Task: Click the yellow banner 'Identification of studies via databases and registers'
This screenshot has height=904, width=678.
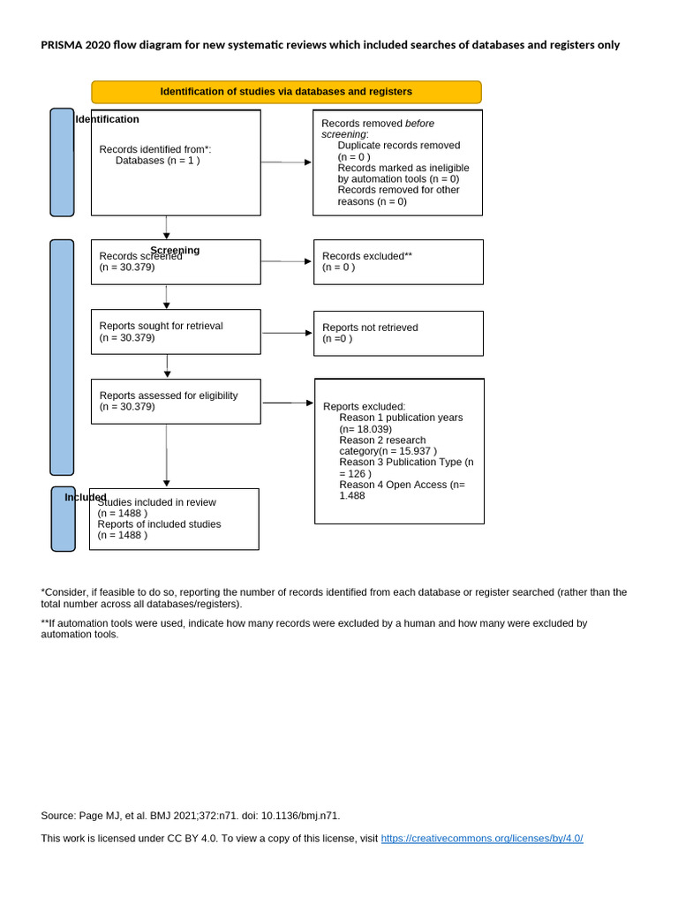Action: pos(286,92)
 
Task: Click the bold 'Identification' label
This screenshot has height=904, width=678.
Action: pos(107,119)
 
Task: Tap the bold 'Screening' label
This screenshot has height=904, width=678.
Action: pos(175,250)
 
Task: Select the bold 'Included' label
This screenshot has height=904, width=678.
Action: pos(85,497)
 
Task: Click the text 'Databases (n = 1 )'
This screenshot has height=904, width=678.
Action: pos(157,161)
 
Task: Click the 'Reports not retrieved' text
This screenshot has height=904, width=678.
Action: pos(370,328)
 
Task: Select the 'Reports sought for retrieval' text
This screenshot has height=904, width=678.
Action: pos(161,326)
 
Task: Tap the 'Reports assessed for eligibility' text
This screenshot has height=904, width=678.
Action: pos(168,395)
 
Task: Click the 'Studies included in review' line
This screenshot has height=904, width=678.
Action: pos(156,502)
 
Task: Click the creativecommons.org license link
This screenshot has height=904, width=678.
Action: pos(482,838)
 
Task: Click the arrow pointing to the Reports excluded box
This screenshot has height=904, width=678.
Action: pos(288,403)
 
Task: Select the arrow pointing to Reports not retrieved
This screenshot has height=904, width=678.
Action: pos(287,333)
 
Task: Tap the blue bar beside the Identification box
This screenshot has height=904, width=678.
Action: pos(62,162)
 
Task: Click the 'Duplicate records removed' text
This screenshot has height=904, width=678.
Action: pos(398,145)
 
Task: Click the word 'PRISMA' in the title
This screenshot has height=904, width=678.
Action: pos(61,45)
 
